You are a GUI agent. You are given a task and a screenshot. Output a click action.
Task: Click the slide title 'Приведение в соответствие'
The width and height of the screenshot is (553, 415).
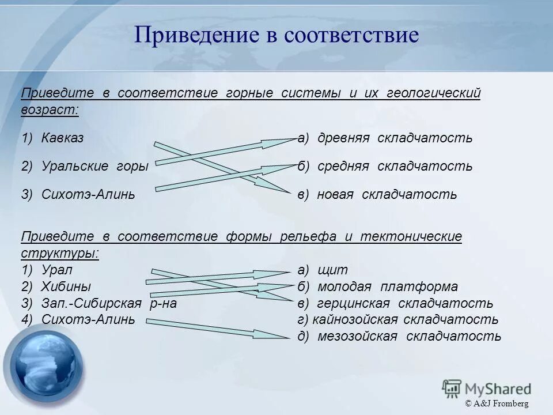(x=276, y=36)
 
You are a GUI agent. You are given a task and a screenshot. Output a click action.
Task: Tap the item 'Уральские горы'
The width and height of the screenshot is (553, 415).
(x=94, y=167)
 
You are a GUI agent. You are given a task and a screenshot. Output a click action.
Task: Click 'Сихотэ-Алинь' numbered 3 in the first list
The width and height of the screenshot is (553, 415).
(x=88, y=195)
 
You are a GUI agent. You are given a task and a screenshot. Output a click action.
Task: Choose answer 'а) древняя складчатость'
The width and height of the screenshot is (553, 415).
(x=385, y=138)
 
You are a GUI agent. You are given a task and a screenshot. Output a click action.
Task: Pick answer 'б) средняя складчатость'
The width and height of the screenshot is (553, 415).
(x=385, y=167)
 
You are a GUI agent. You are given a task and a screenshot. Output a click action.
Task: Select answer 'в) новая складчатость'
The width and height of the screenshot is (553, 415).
(x=377, y=195)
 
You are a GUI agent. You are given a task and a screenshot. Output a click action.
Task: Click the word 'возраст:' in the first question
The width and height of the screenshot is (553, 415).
(x=50, y=110)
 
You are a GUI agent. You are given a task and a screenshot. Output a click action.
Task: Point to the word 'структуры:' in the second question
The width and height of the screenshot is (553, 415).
(x=60, y=254)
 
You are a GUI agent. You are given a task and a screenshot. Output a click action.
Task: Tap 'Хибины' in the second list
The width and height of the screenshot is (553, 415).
(x=66, y=286)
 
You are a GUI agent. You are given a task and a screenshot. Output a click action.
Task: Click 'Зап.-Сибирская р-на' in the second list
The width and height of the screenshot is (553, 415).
(x=108, y=303)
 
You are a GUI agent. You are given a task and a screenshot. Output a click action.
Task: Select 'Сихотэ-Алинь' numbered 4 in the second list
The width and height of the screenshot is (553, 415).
(x=88, y=319)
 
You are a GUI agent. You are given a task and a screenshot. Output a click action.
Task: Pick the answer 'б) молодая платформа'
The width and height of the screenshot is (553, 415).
(x=378, y=286)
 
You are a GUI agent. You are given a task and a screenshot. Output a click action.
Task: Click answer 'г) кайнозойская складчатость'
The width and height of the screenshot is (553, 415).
(x=398, y=319)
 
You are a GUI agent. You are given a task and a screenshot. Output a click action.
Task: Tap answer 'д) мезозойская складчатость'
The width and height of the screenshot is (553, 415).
(x=399, y=336)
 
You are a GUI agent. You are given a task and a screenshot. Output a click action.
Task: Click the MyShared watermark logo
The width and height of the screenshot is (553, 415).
(x=487, y=387)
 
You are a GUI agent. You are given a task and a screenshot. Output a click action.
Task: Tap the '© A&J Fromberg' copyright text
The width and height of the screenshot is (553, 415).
(x=497, y=403)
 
